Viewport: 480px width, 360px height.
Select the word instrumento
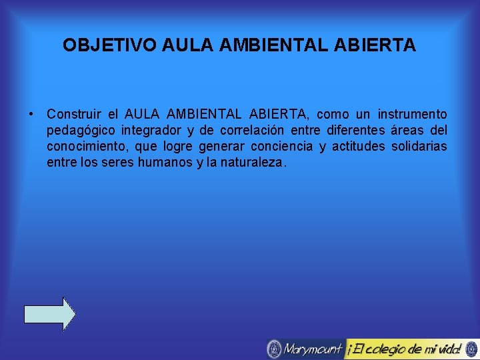click(413, 115)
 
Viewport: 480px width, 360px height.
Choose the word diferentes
click(343, 131)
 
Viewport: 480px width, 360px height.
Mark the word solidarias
click(419, 146)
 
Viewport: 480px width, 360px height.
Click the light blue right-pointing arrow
click(50, 313)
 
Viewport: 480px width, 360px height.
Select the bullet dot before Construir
click(31, 115)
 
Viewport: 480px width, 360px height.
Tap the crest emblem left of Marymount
click(274, 349)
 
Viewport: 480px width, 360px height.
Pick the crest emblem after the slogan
click(471, 349)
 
